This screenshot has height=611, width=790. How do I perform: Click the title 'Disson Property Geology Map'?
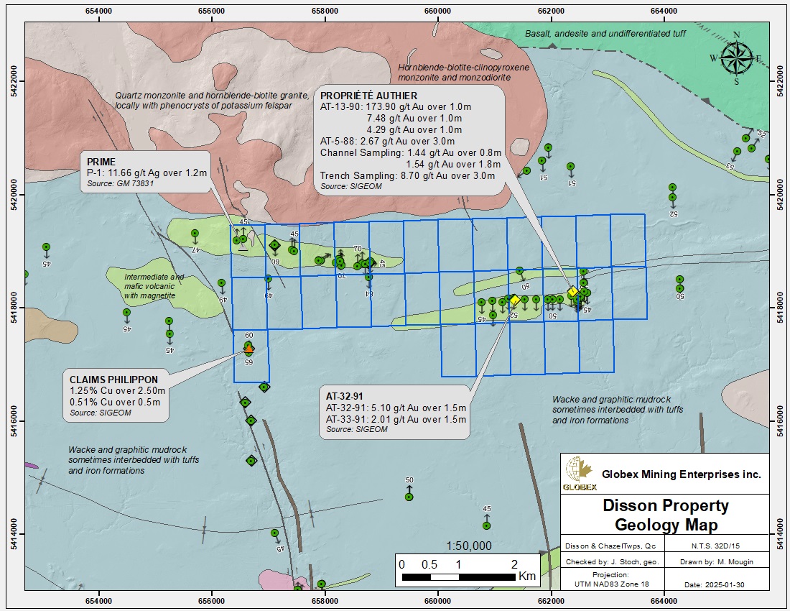665,515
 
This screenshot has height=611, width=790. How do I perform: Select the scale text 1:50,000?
469,546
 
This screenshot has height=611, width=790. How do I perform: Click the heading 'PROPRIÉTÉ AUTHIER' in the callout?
368,96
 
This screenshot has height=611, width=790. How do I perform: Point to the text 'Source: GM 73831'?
119,184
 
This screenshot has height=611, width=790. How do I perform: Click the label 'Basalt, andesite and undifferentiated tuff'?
615,34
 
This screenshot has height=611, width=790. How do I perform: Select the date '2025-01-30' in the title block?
728,585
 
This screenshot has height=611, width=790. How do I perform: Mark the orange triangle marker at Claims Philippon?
248,348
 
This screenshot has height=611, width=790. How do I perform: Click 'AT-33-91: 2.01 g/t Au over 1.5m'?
396,419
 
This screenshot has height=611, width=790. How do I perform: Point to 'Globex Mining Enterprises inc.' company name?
681,474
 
